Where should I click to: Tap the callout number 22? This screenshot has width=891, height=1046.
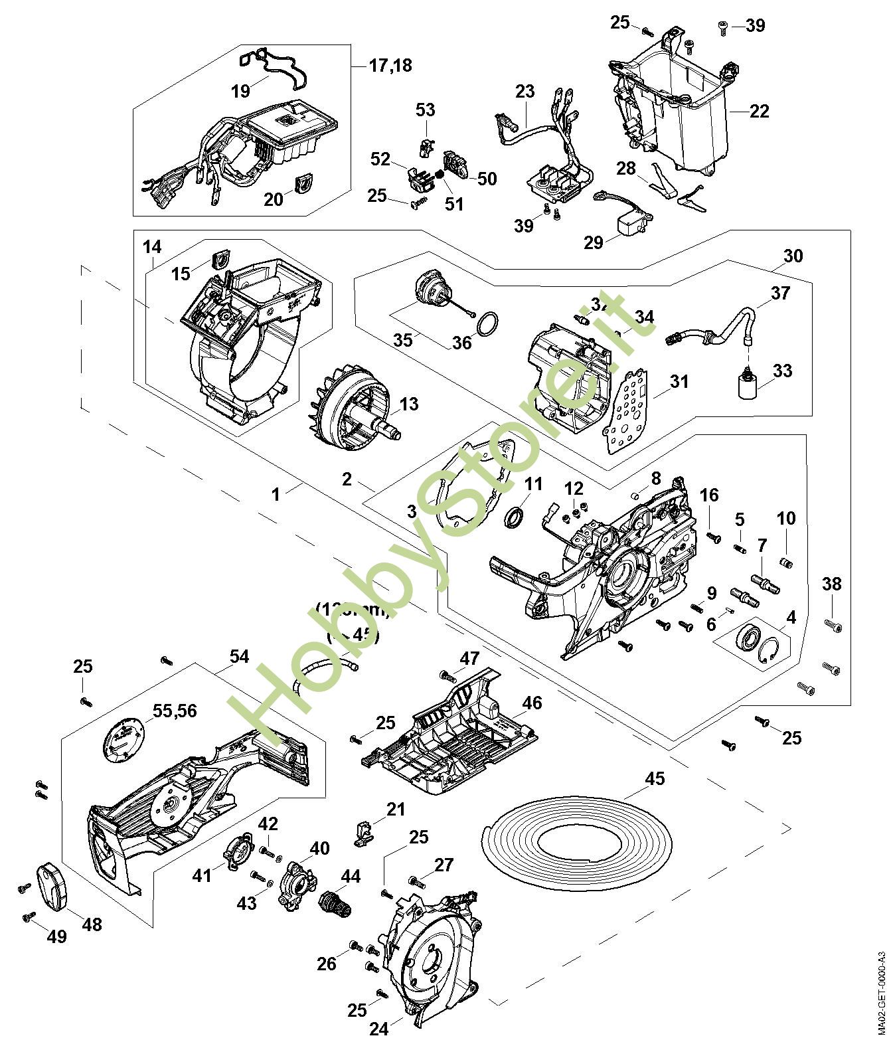759,111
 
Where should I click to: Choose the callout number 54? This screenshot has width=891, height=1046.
239,657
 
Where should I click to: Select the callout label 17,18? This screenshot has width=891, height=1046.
391,65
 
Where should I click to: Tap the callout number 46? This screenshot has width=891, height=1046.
532,703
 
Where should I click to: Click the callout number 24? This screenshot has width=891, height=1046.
378,1029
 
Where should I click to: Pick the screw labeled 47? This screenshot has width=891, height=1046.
447,676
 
